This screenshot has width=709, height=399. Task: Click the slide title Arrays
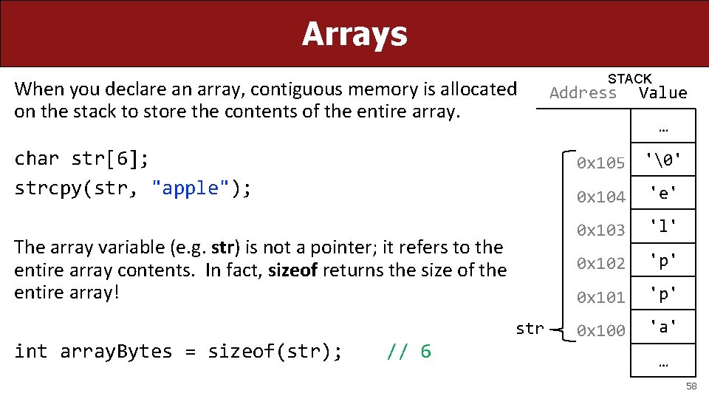pos(354,34)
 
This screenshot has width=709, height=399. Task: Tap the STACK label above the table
pos(629,78)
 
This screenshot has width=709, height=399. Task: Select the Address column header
pos(583,92)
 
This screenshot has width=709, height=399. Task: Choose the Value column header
pos(662,92)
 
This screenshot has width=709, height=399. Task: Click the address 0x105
pos(600,163)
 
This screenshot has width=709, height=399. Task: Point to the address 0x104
pos(600,197)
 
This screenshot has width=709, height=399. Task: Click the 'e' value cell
pos(662,193)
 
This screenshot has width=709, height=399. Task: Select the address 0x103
pos(600,230)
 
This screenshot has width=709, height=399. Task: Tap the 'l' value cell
pos(662,225)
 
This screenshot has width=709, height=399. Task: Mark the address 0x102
pos(600,263)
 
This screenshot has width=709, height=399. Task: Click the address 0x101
pos(600,297)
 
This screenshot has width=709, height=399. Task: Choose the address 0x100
pos(600,330)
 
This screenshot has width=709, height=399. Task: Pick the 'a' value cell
pos(662,326)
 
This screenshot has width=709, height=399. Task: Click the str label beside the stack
pos(530,329)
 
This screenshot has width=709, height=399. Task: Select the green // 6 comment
pos(408,351)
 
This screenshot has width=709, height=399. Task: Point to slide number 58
pos(691,386)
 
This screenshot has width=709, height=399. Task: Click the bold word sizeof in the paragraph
pos(292,270)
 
